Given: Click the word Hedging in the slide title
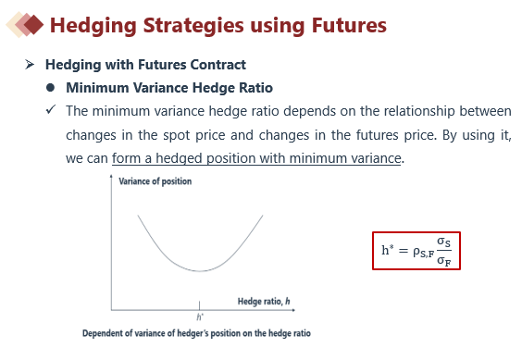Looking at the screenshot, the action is point(93,26).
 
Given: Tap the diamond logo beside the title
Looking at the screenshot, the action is point(25,24).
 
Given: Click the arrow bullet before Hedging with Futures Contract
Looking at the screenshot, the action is point(30,64).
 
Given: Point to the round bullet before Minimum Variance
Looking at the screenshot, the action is point(50,88).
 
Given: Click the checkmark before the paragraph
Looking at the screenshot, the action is point(51,109).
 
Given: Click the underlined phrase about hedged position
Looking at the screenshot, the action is point(256,158).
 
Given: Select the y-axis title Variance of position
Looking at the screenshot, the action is point(155,181).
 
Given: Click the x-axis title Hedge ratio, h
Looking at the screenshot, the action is point(264,302).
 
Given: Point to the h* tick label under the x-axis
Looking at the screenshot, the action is point(200,317).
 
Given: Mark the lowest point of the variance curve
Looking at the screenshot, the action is point(199,271).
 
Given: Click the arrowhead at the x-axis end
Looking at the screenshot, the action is point(293,310).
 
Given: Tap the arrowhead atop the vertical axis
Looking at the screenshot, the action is point(111,176).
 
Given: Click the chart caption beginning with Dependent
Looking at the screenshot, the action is point(196,333).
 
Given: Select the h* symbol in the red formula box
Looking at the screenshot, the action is point(388,250).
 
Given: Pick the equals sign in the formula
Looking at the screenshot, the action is point(404,251).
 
